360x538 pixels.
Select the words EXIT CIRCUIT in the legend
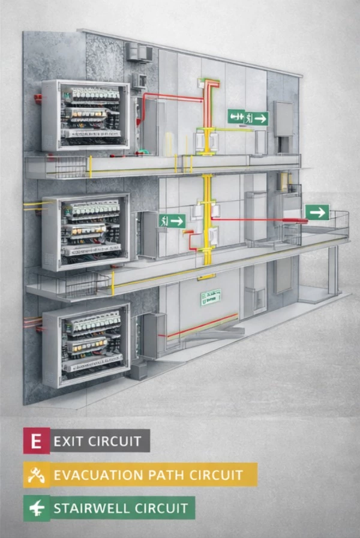point(97,441)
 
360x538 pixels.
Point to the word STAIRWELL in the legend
point(90,509)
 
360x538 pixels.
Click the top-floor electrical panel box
point(86,115)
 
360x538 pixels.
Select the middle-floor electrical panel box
point(86,231)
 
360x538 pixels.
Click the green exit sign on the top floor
point(248,118)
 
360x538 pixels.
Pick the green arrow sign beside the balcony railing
point(317,212)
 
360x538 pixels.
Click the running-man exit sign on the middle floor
point(172,221)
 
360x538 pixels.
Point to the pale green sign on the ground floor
point(211,296)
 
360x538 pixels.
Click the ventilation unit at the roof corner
point(139,52)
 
